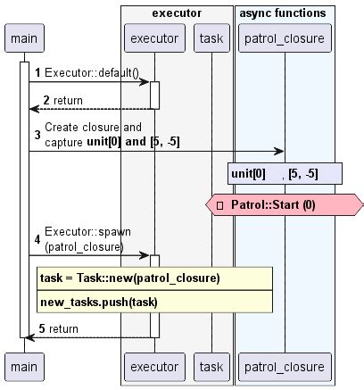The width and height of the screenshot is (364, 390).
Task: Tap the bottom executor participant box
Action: [153, 366]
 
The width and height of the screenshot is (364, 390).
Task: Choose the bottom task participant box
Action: [211, 366]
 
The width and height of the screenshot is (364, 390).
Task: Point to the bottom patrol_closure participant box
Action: [285, 366]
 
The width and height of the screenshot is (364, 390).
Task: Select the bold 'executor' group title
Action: [176, 13]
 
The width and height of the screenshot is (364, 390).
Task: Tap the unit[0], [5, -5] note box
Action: [285, 173]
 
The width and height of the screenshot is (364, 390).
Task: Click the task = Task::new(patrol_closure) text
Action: [130, 278]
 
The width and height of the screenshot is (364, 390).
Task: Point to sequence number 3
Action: [37, 134]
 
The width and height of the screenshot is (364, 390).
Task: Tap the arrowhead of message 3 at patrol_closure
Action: [279, 151]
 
